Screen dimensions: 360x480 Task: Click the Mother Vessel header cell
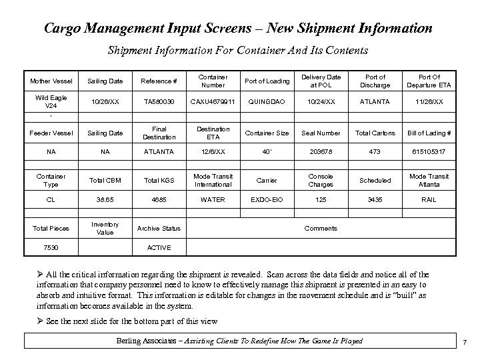coord(51,81)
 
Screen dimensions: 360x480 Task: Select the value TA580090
coord(157,102)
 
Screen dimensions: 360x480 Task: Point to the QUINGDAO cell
coord(267,102)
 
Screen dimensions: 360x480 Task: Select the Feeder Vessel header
coord(51,133)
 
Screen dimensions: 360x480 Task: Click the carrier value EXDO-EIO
coord(267,199)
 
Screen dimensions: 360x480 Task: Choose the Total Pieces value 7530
coord(51,248)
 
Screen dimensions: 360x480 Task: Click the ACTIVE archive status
coord(157,248)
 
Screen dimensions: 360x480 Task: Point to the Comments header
coord(321,229)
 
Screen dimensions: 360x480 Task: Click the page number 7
coord(464,342)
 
